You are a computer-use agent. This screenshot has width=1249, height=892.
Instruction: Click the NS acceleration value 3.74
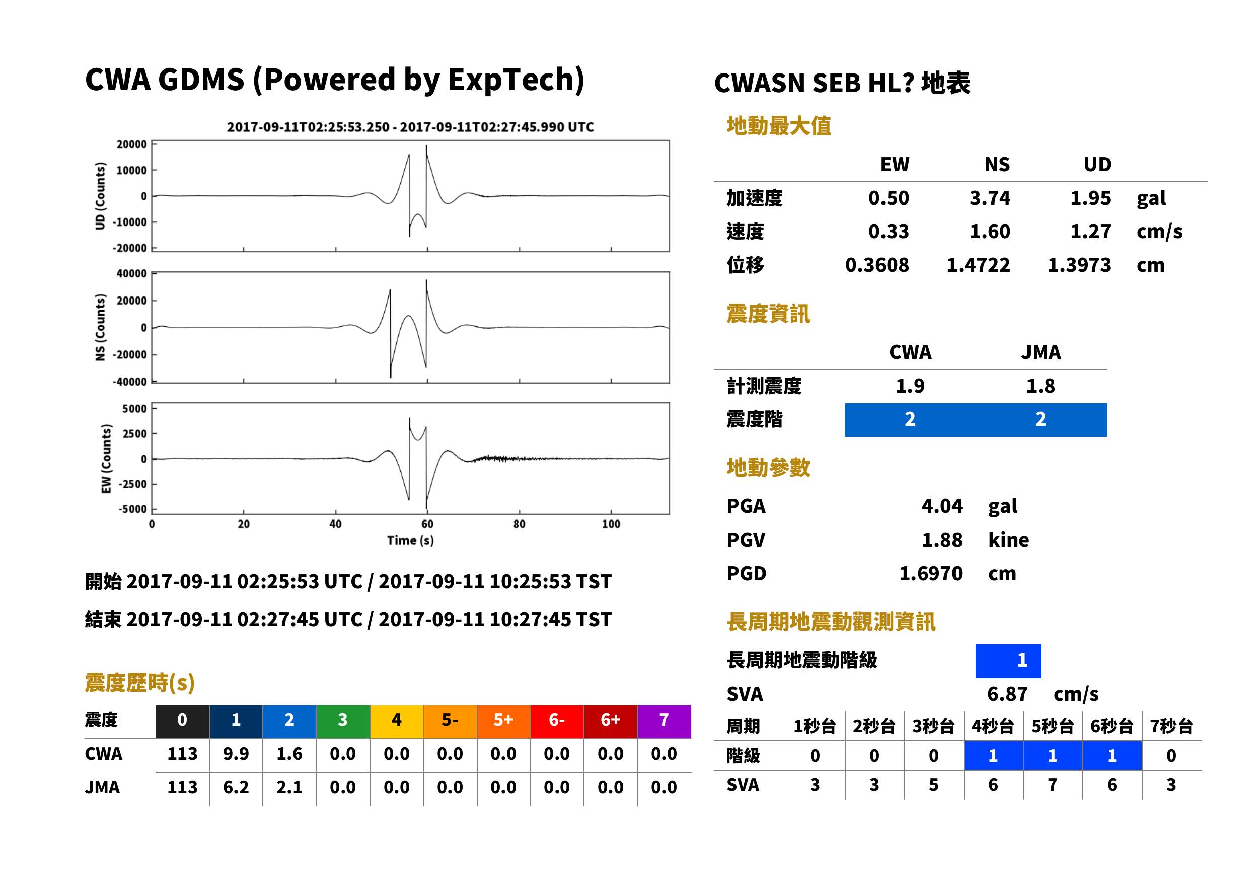point(989,198)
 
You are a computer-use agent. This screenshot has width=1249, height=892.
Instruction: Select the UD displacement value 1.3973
point(1079,265)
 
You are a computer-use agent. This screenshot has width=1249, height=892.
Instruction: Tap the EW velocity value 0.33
point(888,231)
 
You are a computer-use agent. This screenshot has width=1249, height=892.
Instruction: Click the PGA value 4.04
point(942,506)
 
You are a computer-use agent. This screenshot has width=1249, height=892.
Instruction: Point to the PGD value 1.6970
point(931,573)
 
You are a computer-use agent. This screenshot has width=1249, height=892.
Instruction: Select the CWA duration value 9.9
point(236,754)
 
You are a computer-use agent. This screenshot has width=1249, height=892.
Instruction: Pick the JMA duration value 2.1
point(289,787)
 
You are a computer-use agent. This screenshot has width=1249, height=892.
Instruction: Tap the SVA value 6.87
point(1007,694)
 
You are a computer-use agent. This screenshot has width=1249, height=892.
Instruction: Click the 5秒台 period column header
point(1052,726)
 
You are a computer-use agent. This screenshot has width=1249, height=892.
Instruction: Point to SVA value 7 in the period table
point(1052,785)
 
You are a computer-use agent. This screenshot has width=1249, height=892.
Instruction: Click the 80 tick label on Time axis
point(519,524)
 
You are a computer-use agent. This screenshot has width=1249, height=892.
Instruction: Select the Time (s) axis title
point(410,541)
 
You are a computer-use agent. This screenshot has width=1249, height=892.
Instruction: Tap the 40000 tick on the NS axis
point(131,273)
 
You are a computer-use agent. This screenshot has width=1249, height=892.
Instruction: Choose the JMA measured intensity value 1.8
point(1040,386)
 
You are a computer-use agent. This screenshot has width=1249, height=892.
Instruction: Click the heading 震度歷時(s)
point(139,683)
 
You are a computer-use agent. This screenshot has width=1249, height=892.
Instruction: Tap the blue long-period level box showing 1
point(1008,661)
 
